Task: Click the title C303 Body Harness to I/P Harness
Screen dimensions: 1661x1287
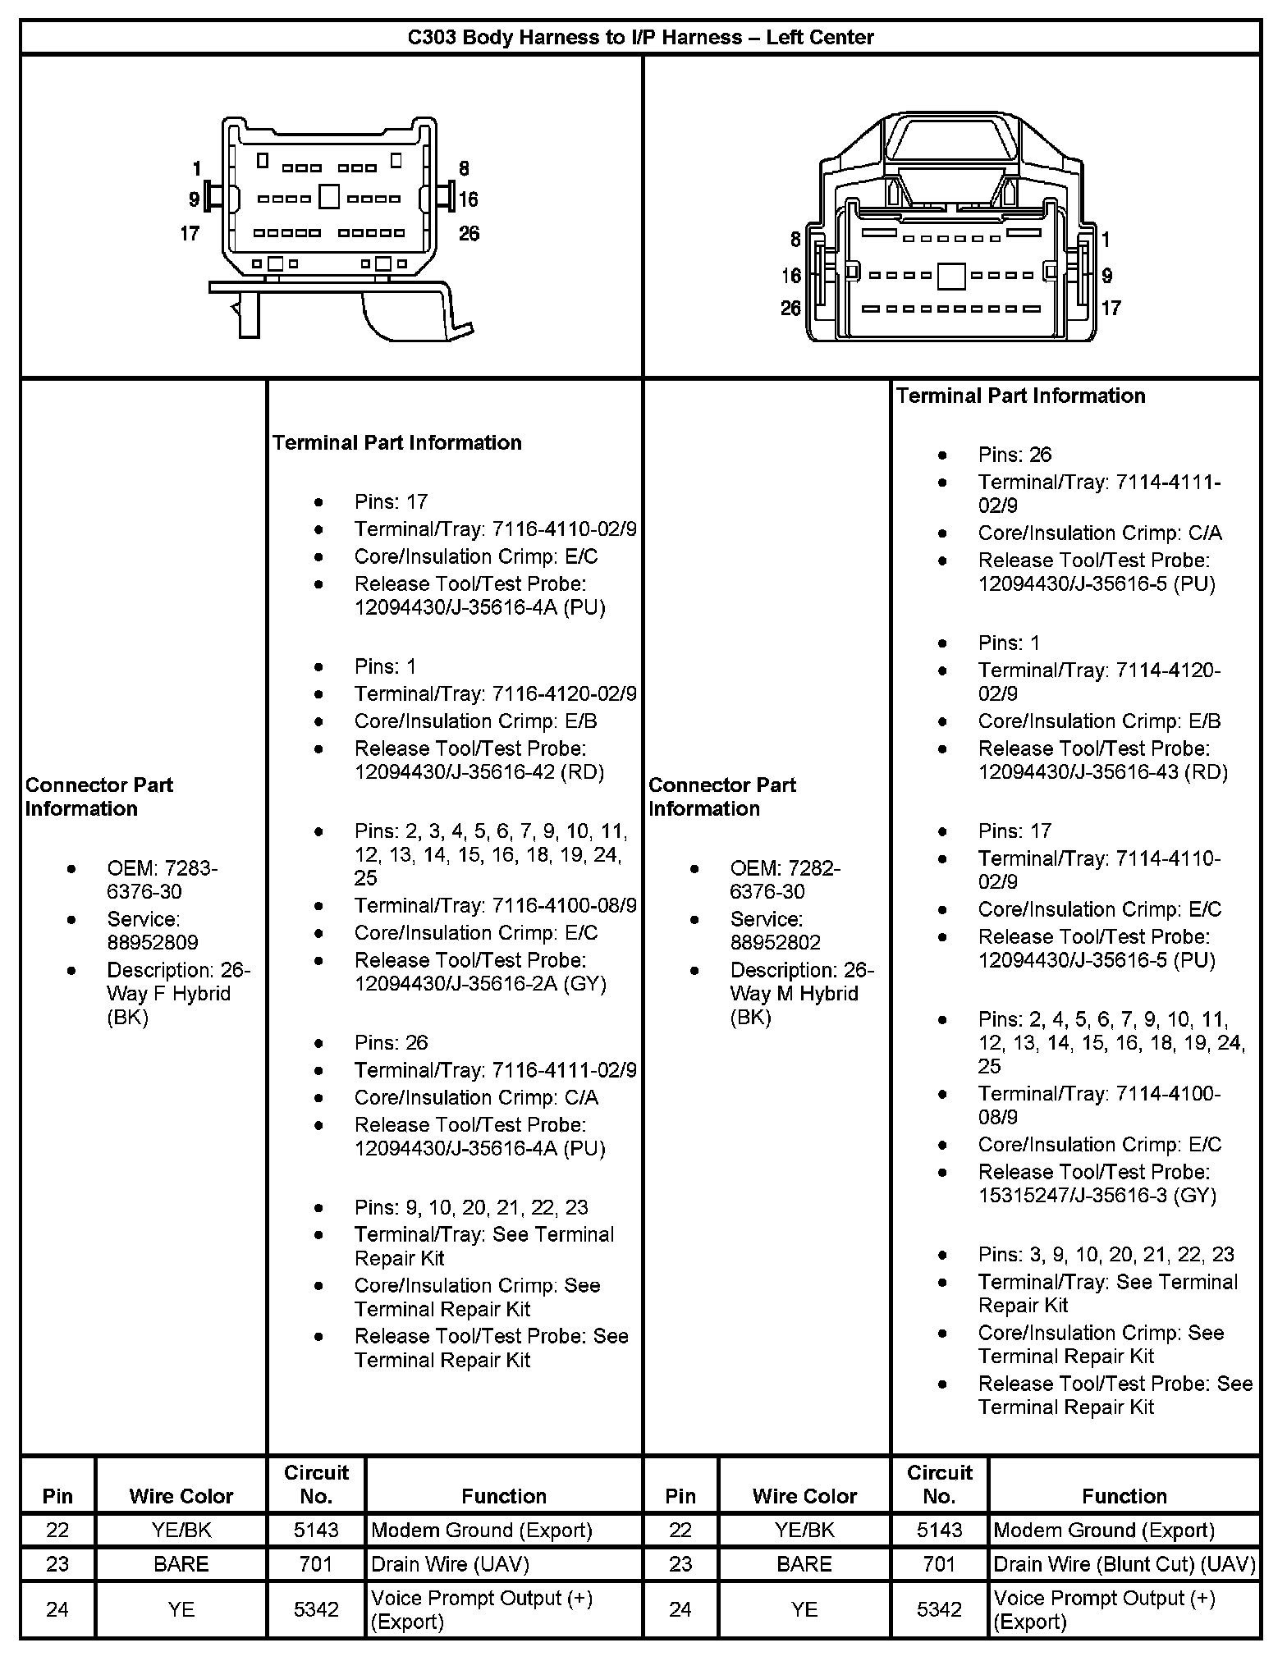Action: click(640, 37)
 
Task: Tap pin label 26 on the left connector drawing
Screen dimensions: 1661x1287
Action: click(469, 234)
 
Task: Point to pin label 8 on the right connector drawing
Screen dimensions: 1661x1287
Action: click(795, 240)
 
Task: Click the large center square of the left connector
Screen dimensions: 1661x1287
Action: click(328, 197)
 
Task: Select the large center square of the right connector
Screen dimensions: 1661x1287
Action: click(950, 276)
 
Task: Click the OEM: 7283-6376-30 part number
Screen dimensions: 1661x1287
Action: click(162, 880)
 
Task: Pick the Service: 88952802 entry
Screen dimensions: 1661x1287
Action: click(775, 931)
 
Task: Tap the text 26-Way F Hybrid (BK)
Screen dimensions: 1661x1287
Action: click(178, 994)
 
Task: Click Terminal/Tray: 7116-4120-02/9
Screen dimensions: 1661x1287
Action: click(495, 693)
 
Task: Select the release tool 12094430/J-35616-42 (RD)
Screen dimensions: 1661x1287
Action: click(479, 772)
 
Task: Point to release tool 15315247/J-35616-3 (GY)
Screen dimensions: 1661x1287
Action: click(1097, 1195)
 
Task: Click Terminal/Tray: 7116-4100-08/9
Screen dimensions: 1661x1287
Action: click(495, 905)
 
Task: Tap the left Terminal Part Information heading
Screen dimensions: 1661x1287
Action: click(397, 442)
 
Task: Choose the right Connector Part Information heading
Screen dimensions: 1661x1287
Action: click(722, 796)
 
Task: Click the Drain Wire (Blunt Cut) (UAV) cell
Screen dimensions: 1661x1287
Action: click(1124, 1564)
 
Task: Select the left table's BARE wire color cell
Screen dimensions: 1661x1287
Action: click(181, 1564)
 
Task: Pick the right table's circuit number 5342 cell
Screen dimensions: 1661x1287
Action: click(939, 1609)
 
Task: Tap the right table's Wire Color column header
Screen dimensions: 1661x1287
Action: click(804, 1496)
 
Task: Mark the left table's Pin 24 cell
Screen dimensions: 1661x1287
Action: click(57, 1609)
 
